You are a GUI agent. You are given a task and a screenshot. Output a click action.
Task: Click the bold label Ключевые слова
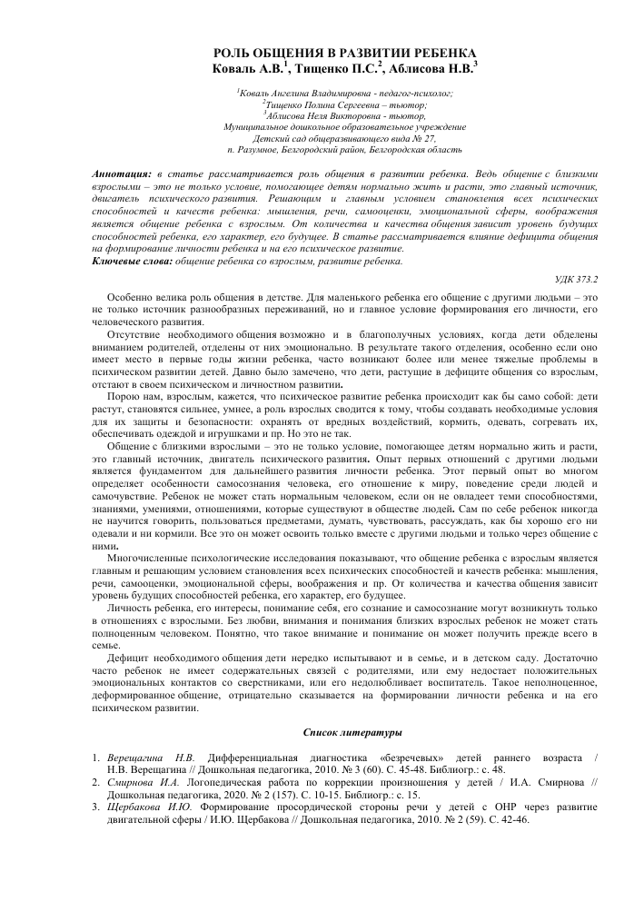[131, 261]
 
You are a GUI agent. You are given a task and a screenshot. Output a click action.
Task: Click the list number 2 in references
[96, 780]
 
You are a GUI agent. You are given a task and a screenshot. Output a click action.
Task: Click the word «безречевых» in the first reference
[394, 756]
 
